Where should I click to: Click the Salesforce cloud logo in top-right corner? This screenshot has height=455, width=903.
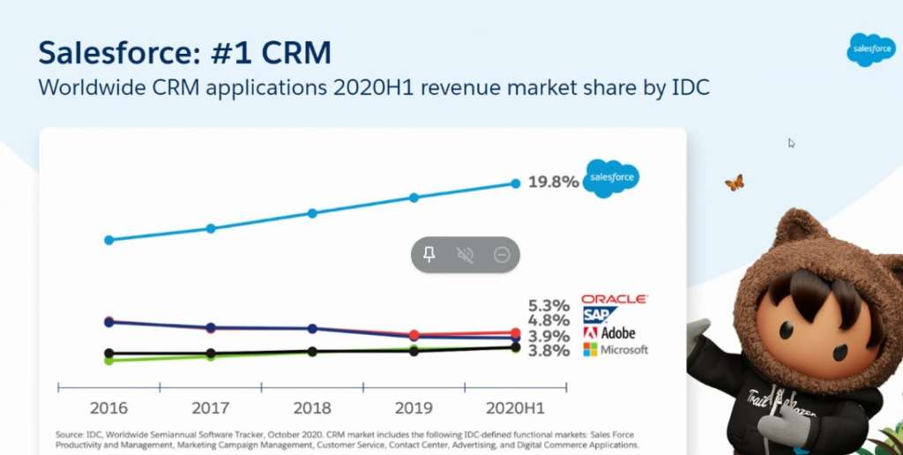click(x=870, y=49)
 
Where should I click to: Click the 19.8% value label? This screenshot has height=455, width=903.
click(x=553, y=183)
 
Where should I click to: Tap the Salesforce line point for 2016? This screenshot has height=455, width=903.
click(x=108, y=240)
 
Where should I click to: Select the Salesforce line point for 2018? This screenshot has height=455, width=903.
click(x=312, y=213)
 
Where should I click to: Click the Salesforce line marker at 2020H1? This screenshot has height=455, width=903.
click(x=516, y=183)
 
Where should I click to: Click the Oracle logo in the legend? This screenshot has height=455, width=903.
click(x=615, y=300)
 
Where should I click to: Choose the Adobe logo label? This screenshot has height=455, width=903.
click(x=608, y=333)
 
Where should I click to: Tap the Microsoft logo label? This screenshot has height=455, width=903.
click(x=615, y=350)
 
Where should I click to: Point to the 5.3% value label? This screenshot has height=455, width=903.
click(x=549, y=306)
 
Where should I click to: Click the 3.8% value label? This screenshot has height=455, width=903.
click(x=549, y=350)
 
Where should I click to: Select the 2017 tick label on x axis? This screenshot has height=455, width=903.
click(x=210, y=408)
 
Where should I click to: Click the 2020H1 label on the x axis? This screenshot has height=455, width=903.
click(x=515, y=408)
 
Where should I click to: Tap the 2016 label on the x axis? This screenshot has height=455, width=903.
click(x=108, y=408)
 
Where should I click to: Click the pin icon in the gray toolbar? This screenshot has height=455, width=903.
click(x=429, y=255)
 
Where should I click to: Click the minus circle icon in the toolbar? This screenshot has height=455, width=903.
click(x=502, y=255)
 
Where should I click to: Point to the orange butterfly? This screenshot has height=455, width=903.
click(x=734, y=183)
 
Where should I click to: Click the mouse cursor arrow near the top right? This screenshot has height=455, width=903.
click(x=791, y=143)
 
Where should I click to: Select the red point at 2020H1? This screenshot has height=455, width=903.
click(x=516, y=333)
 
